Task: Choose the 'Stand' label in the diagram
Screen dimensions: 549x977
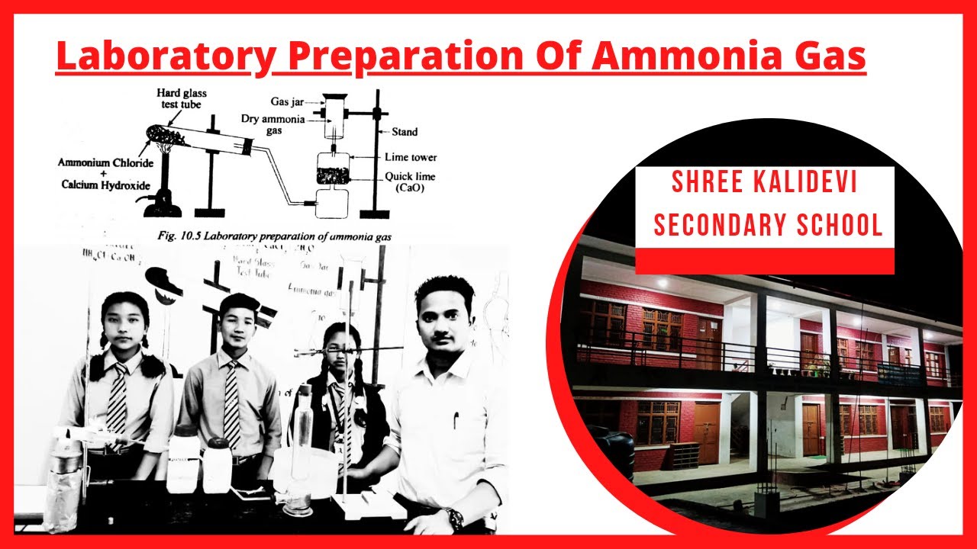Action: [405, 132]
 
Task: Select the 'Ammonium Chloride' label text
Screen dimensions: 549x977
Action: [105, 162]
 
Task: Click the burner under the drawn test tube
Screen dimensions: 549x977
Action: [163, 200]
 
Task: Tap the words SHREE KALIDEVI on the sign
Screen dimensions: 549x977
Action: [764, 183]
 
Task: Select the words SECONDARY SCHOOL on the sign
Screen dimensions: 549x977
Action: [764, 226]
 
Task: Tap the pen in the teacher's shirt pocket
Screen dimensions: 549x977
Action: [456, 419]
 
